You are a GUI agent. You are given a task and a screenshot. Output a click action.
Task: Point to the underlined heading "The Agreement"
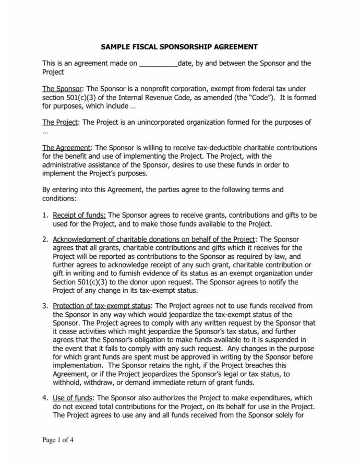pos(66,148)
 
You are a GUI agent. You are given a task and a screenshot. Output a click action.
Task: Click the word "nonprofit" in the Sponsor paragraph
pos(157,89)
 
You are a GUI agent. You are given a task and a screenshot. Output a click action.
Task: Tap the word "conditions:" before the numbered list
pos(59,198)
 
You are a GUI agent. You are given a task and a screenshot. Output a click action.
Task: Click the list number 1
pos(45,215)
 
